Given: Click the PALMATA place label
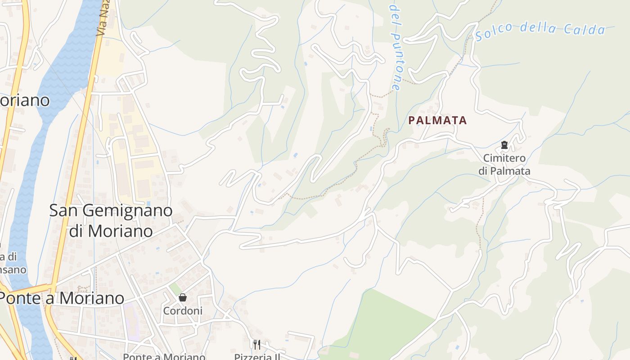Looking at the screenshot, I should pyautogui.click(x=437, y=121).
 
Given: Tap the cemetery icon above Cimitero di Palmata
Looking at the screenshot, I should pyautogui.click(x=504, y=145).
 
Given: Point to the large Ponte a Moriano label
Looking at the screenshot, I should pyautogui.click(x=62, y=298).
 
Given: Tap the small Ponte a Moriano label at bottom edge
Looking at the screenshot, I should pyautogui.click(x=164, y=357).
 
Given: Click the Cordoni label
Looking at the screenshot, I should pyautogui.click(x=183, y=311).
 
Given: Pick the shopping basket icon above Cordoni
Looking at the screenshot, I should pyautogui.click(x=183, y=297).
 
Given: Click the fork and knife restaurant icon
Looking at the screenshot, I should pyautogui.click(x=256, y=345).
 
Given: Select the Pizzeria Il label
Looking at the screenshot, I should pyautogui.click(x=257, y=357).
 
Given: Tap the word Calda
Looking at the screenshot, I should pyautogui.click(x=585, y=30).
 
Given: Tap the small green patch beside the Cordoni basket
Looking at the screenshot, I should pyautogui.click(x=175, y=288).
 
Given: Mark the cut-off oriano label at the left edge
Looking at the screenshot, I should pyautogui.click(x=24, y=100).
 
